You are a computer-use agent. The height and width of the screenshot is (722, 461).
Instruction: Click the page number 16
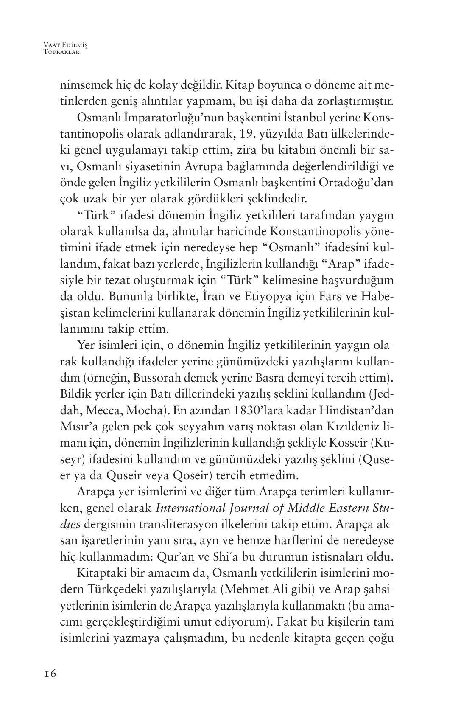click(50, 673)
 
